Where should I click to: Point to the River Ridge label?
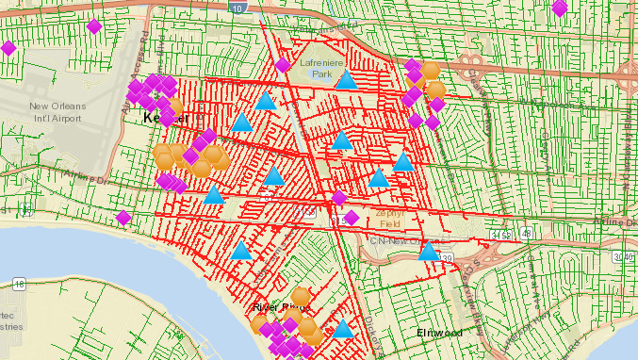pyautogui.click(x=281, y=307)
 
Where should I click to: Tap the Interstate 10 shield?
pyautogui.click(x=241, y=8)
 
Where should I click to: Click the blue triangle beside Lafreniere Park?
pyautogui.click(x=348, y=80)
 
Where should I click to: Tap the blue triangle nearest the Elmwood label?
pyautogui.click(x=344, y=329)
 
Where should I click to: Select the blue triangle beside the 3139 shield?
pyautogui.click(x=429, y=252)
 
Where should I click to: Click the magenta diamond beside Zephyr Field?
pyautogui.click(x=351, y=218)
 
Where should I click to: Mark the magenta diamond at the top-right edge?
pyautogui.click(x=560, y=8)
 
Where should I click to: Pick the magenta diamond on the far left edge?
pyautogui.click(x=8, y=47)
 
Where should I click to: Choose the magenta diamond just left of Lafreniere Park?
pyautogui.click(x=283, y=65)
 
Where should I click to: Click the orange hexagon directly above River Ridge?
pyautogui.click(x=302, y=295)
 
